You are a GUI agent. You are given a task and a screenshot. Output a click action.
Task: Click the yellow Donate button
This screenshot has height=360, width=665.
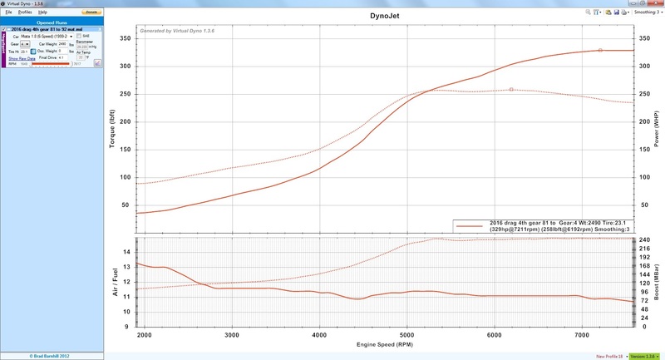[91, 12]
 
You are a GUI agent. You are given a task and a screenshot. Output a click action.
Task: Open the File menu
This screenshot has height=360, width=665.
[8, 12]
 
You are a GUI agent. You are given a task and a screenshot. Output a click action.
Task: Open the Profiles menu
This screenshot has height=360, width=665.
[25, 12]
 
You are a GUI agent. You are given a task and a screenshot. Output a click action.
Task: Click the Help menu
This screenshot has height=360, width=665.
[42, 12]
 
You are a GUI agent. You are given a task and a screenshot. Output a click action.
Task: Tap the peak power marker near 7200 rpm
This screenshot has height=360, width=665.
[600, 50]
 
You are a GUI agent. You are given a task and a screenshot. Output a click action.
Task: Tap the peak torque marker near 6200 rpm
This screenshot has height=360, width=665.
[511, 89]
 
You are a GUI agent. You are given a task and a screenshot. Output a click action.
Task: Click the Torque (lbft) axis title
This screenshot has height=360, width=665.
[111, 129]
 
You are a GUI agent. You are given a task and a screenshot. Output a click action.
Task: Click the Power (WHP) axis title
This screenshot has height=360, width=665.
[658, 129]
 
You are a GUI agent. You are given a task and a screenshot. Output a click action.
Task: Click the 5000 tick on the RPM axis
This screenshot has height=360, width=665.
[406, 334]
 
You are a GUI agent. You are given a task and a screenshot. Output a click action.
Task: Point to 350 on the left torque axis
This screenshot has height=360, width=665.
[126, 38]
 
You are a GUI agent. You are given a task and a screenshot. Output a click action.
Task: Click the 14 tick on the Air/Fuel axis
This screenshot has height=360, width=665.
[127, 252]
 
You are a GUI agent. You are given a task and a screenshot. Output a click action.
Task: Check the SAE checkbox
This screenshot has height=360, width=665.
[79, 37]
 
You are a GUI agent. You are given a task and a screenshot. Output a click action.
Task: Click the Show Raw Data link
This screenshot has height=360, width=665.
[22, 59]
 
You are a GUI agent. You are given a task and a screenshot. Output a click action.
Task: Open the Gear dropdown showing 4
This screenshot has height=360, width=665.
[25, 44]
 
